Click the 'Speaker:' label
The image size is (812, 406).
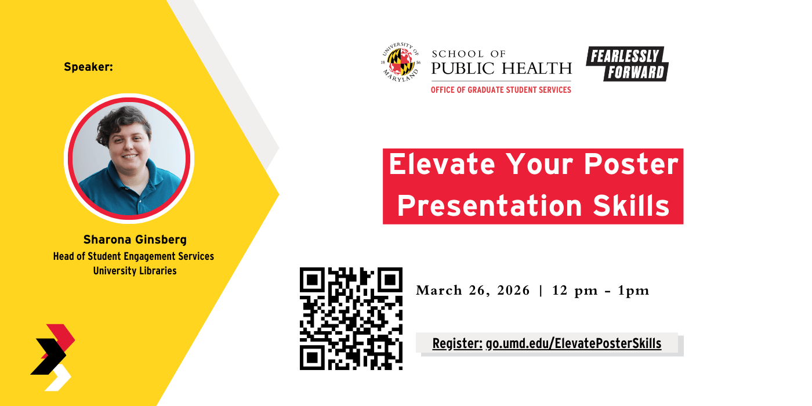[88, 67]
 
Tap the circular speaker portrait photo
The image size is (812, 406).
[129, 158]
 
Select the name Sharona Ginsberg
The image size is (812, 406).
[135, 240]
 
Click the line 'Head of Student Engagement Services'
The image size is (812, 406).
[133, 256]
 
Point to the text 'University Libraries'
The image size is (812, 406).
[135, 271]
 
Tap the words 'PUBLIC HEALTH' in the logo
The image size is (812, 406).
[501, 69]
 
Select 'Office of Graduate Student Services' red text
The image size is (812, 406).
[501, 90]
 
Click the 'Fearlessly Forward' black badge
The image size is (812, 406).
[626, 63]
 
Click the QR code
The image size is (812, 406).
[351, 318]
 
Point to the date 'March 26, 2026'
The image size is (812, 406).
[473, 291]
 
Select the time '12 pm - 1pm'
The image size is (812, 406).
[601, 291]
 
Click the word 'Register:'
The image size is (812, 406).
[457, 344]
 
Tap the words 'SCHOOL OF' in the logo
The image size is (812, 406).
[469, 54]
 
